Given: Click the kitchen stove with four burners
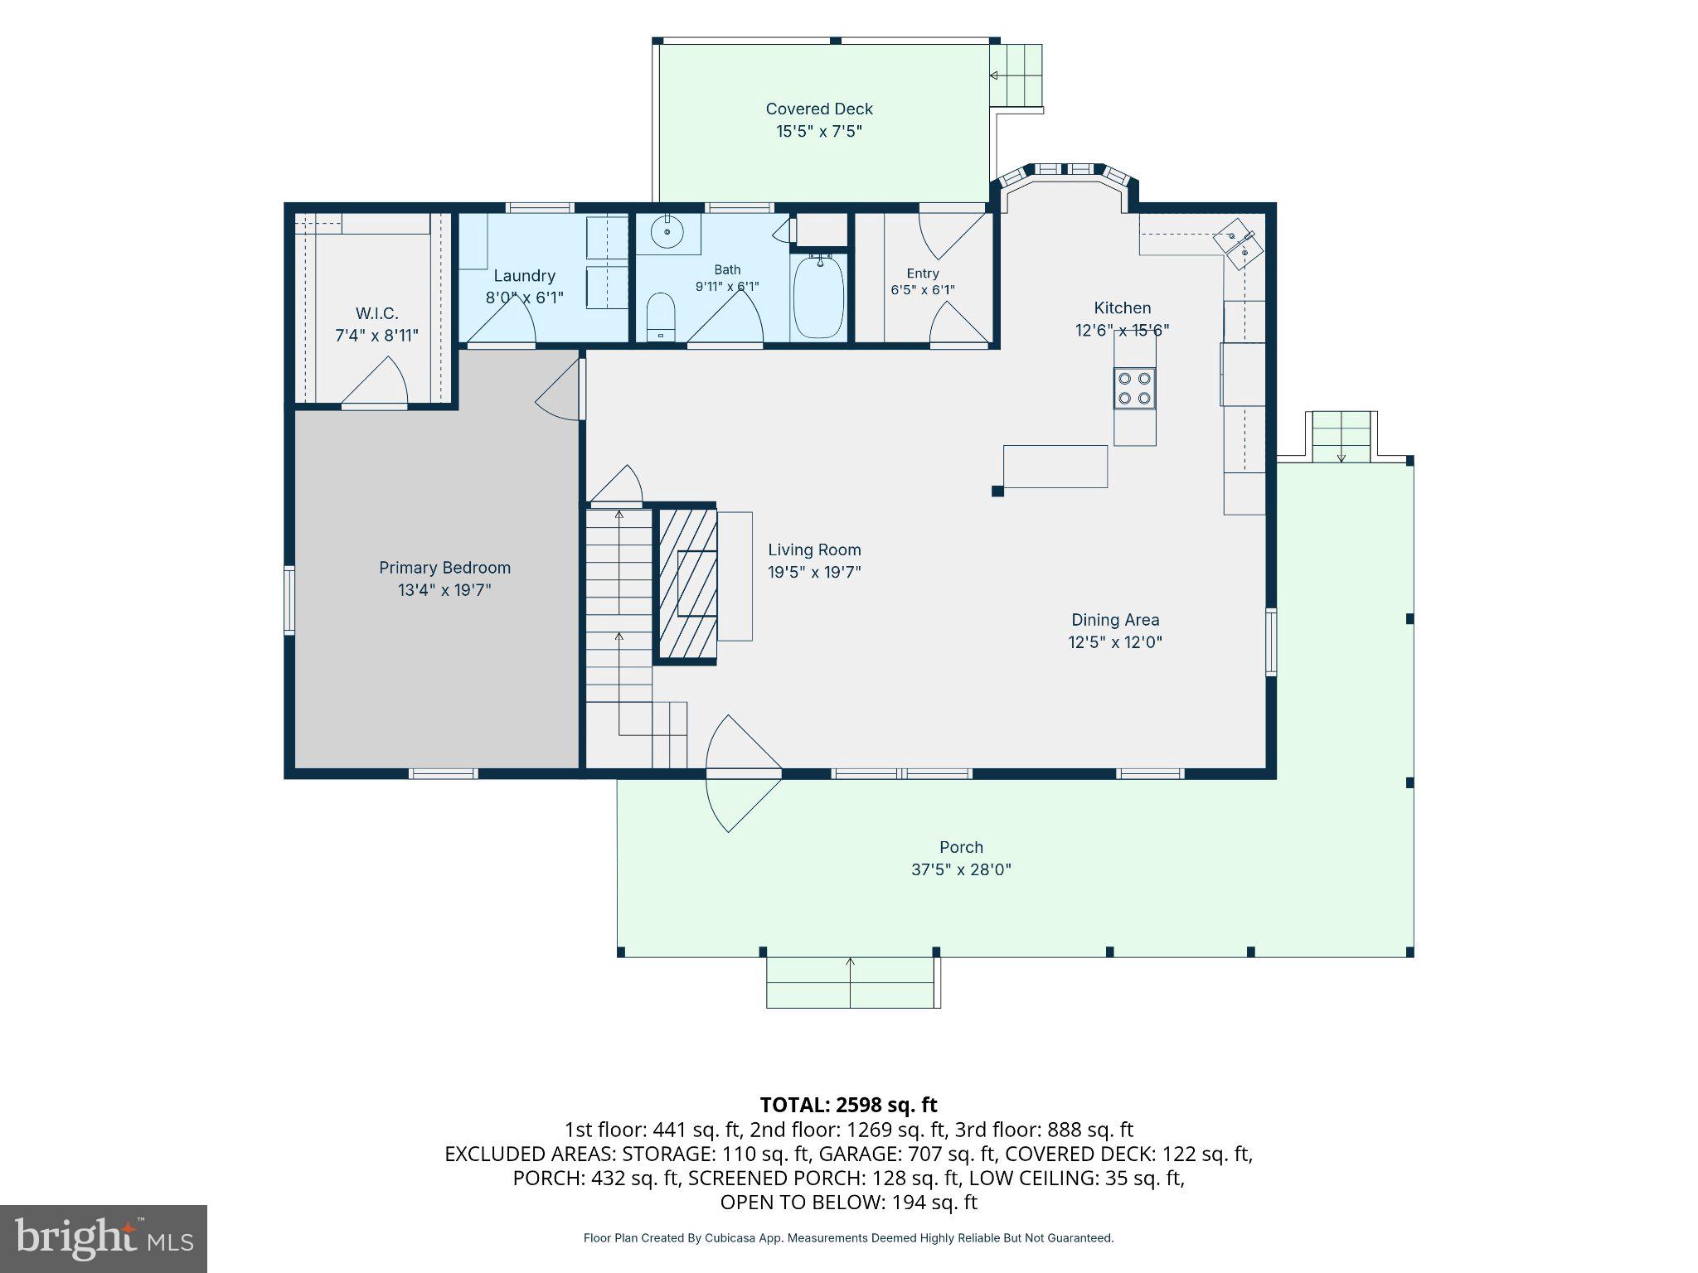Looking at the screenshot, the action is (1134, 388).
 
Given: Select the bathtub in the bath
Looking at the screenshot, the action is (819, 295).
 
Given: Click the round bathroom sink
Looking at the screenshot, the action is (667, 232).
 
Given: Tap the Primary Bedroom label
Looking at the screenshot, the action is (444, 568).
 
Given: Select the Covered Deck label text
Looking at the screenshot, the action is (819, 109).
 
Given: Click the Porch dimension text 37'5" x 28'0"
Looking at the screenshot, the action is (961, 869).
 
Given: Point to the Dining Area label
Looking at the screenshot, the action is (1115, 619).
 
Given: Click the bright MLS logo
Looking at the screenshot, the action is (104, 1238).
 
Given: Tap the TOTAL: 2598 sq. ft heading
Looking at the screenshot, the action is (848, 1105).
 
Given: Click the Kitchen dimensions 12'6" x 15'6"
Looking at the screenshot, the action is (1122, 330).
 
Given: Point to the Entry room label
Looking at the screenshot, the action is (923, 273).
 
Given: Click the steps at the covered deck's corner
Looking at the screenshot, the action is (1016, 75).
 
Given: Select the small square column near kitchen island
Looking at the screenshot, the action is (997, 491).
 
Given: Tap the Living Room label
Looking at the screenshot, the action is (814, 549).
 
